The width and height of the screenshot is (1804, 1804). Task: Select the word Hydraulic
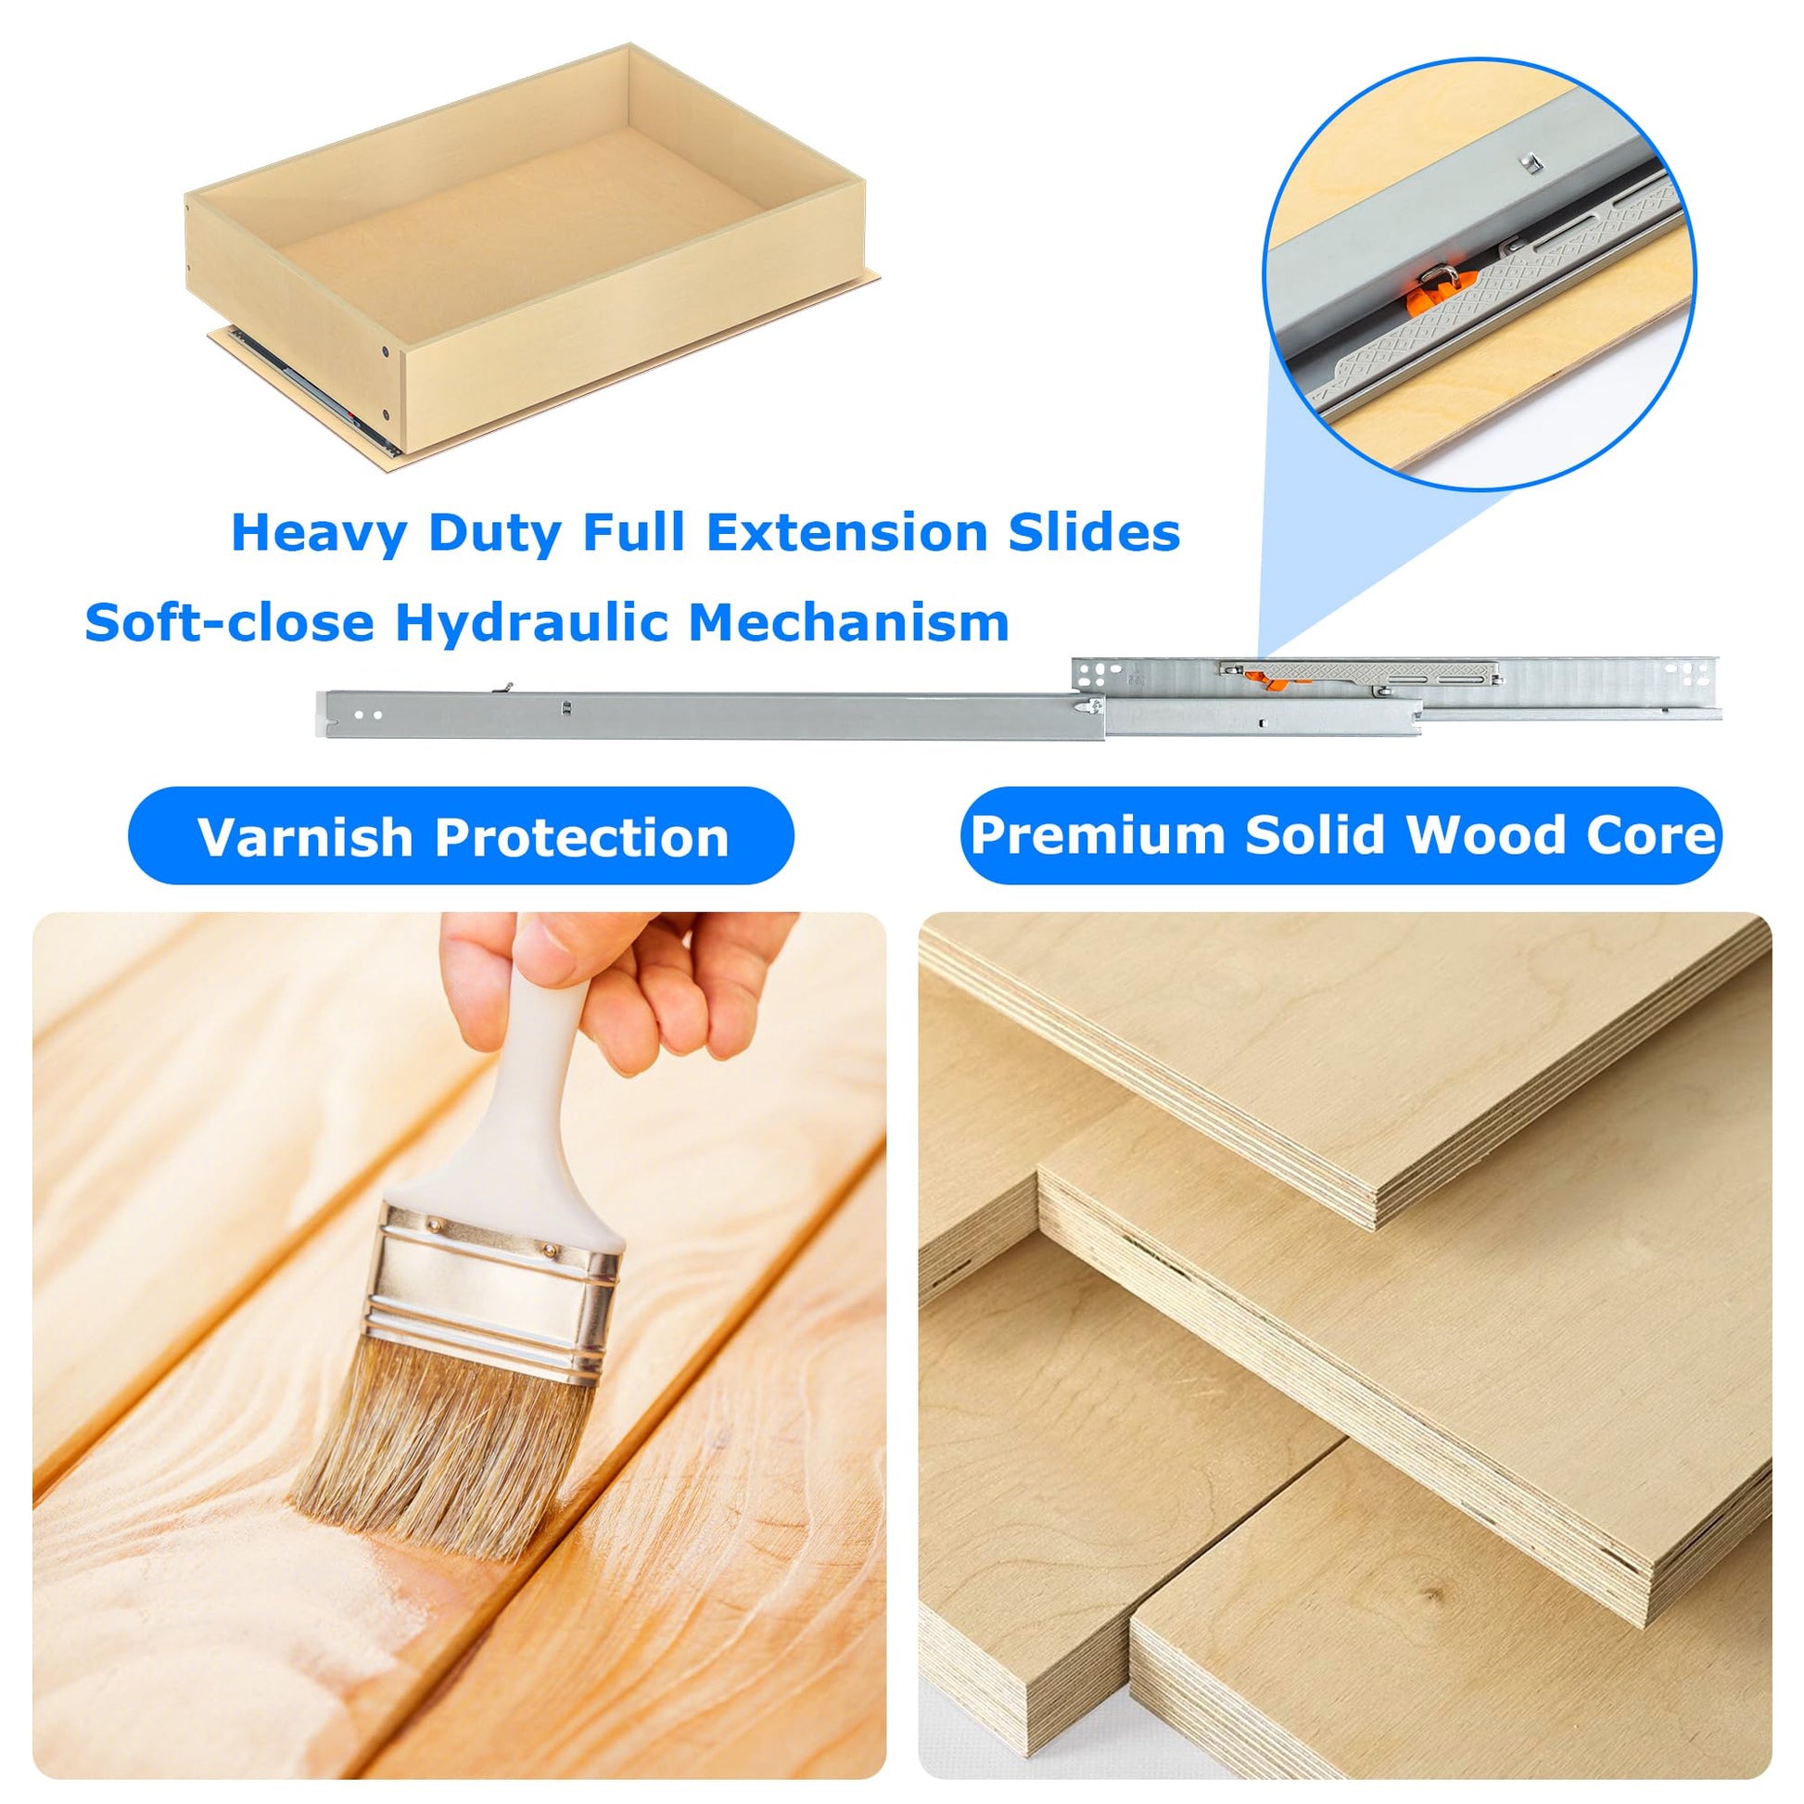click(531, 622)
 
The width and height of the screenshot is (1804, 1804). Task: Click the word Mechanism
click(849, 622)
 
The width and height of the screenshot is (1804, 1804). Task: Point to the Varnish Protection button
click(462, 835)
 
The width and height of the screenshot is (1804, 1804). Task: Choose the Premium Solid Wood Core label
click(1340, 835)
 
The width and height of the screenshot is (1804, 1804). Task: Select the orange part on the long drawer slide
click(1266, 680)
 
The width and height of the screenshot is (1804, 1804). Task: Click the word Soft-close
click(230, 622)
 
